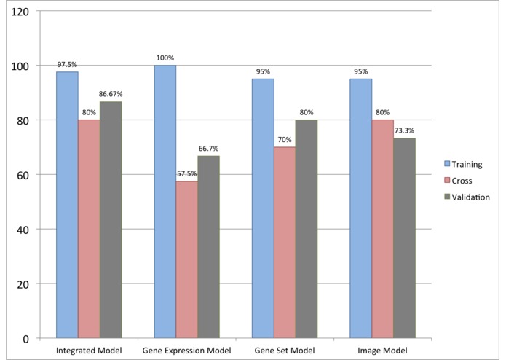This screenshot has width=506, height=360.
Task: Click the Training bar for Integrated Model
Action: [67, 205]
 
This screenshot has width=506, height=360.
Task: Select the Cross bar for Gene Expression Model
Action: [186, 259]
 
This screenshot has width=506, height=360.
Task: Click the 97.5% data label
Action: [67, 65]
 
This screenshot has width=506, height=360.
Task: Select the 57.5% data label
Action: [186, 175]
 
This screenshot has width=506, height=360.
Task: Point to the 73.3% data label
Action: [405, 131]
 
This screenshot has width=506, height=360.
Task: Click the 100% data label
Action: [165, 58]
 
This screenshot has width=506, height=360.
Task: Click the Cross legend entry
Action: [461, 181]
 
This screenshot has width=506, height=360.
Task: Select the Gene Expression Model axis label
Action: [187, 352]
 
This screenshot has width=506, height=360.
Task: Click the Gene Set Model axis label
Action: [285, 352]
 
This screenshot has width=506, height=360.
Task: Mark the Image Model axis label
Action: [382, 352]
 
